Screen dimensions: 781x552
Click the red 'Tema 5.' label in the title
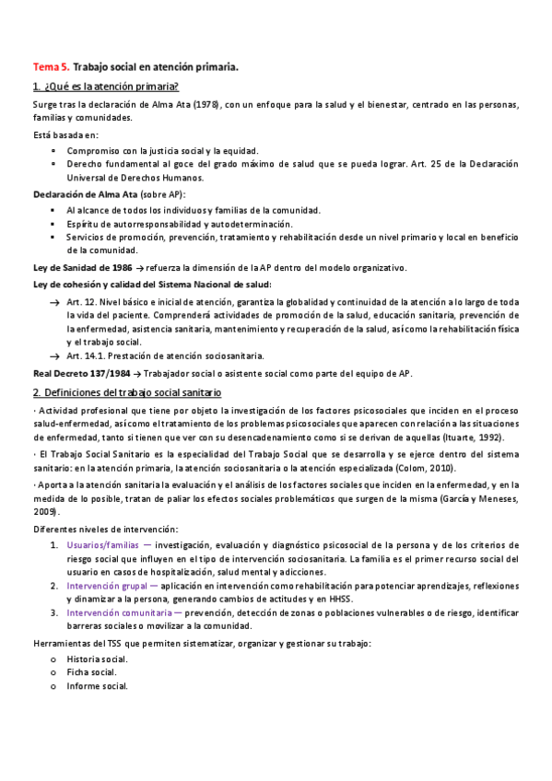tap(50, 67)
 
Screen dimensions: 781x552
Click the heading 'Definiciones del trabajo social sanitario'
tap(142, 393)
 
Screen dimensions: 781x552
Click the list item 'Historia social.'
tap(98, 659)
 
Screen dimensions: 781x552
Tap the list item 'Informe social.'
tap(97, 686)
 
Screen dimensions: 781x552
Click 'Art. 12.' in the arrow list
tap(82, 302)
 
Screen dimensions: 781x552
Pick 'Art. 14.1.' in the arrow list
tap(86, 356)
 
